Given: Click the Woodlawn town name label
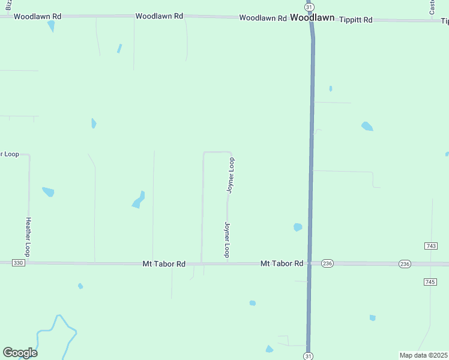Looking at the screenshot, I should pos(312,18).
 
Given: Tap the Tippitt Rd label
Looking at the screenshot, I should pos(356,20).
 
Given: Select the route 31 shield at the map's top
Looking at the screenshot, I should pos(309,5).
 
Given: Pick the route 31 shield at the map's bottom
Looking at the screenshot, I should pos(309,356).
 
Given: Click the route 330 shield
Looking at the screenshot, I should pos(19,263).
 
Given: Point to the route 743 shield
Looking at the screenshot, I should pos(430,246).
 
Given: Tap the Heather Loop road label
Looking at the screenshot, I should pos(27,236).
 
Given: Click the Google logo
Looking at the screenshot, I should pos(20,352).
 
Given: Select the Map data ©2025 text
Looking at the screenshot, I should pos(423,355).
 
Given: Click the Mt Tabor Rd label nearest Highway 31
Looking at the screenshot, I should pos(282,263).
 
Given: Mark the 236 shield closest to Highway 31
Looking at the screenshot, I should pos(327,263).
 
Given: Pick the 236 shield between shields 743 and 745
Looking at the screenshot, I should pos(405,264).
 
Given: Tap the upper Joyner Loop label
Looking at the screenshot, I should pos(231,175).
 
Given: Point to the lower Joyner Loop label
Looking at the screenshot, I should pos(227,239).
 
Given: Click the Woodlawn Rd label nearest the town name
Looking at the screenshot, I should pos(263,18).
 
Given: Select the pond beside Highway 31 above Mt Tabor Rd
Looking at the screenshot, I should pos(297,227).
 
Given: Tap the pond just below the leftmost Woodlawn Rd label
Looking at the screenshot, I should pos(51,26).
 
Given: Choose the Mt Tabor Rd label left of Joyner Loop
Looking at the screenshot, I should pos(164,263).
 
